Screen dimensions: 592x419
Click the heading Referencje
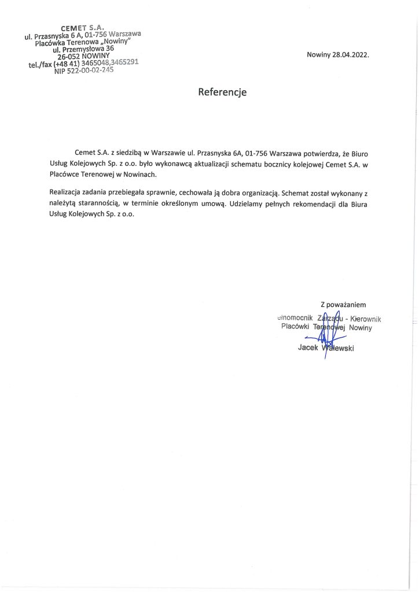222,91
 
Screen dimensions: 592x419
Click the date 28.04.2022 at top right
349,55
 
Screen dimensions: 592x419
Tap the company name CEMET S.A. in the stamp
82,28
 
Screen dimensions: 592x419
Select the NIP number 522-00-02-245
91,71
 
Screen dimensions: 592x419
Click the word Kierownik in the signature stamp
370,319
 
